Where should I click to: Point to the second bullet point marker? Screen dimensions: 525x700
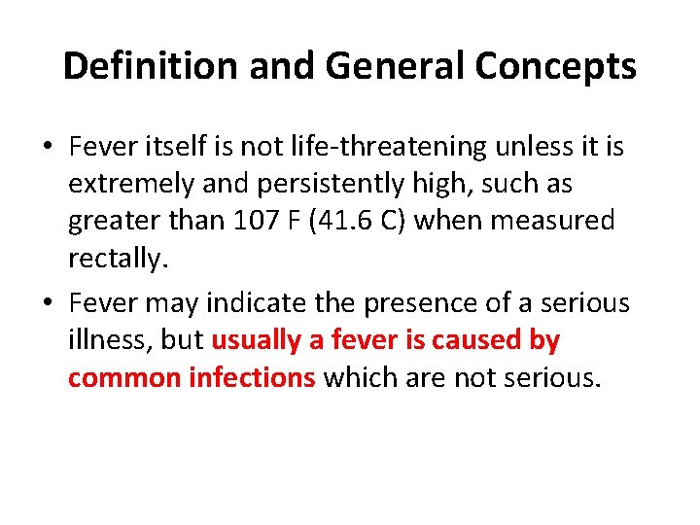coord(49,303)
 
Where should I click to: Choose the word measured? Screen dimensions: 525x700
coord(555,221)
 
